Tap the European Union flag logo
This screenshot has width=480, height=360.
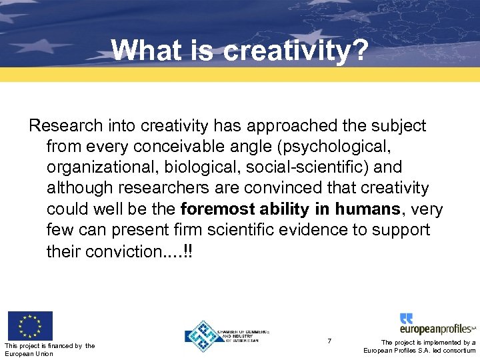pyautogui.click(x=30, y=326)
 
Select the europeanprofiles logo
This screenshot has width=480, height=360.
pyautogui.click(x=437, y=325)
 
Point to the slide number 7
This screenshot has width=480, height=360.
pyautogui.click(x=329, y=341)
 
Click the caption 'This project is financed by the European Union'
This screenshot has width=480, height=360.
pyautogui.click(x=49, y=349)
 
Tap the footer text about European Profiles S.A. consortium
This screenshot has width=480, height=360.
pyautogui.click(x=419, y=346)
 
